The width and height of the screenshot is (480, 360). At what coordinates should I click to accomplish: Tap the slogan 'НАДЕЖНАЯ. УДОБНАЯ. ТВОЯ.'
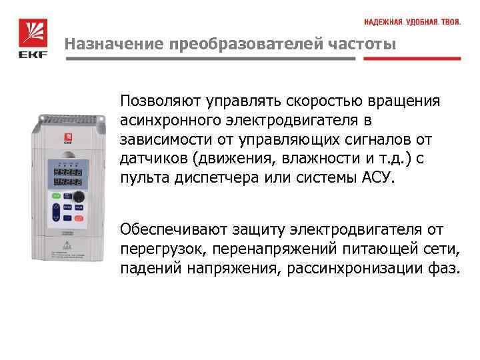[x=412, y=23]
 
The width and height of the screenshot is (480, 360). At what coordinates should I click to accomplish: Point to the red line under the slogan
[x=412, y=59]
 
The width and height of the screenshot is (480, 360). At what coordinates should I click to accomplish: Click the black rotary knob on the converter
[x=79, y=197]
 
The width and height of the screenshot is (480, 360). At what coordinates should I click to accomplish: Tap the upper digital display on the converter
[x=67, y=169]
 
